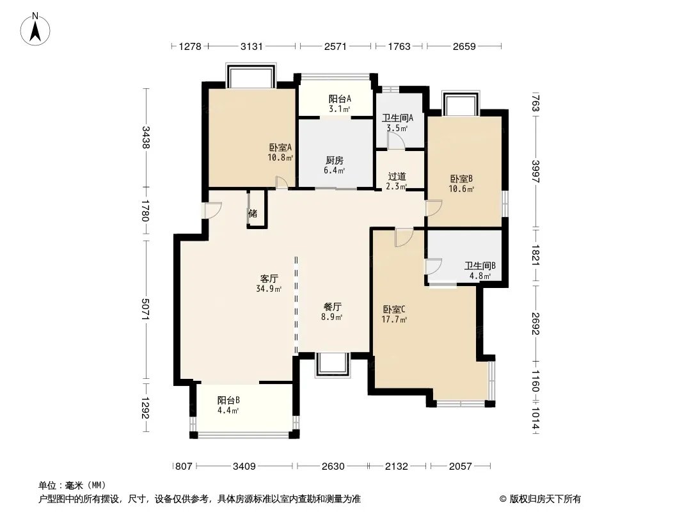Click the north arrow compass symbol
point(35,29)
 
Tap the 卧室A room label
point(280,147)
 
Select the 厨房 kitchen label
point(334,161)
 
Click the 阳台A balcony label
point(340,99)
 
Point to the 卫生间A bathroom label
point(397,118)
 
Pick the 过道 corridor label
point(397,177)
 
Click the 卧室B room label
point(461,179)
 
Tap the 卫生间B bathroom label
point(480,266)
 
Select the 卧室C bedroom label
point(394,310)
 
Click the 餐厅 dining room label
point(332,307)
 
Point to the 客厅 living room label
point(269,279)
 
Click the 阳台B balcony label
point(228,400)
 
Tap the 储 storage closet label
point(253,213)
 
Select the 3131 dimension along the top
point(252,46)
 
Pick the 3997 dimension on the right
point(536,172)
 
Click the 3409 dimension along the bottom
point(244,467)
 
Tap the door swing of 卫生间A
point(397,141)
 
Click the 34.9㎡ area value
point(269,289)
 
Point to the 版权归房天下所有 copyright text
point(545,499)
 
